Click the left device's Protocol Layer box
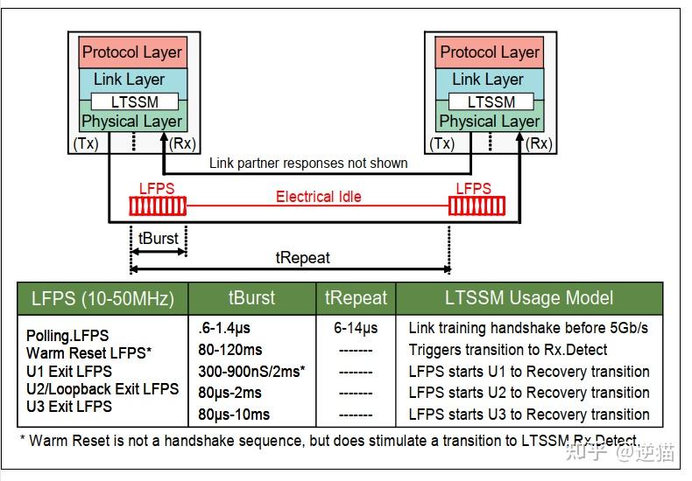click(132, 52)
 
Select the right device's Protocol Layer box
click(490, 52)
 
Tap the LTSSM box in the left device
click(135, 102)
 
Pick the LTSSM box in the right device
click(491, 102)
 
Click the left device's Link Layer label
click(129, 80)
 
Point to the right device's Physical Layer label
click(490, 122)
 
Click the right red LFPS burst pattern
click(474, 206)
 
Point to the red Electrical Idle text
click(318, 197)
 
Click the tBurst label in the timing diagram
click(159, 239)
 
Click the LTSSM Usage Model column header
click(529, 298)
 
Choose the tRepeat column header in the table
click(356, 298)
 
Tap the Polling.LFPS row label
click(67, 336)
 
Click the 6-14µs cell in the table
click(356, 328)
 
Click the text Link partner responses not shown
click(308, 163)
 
